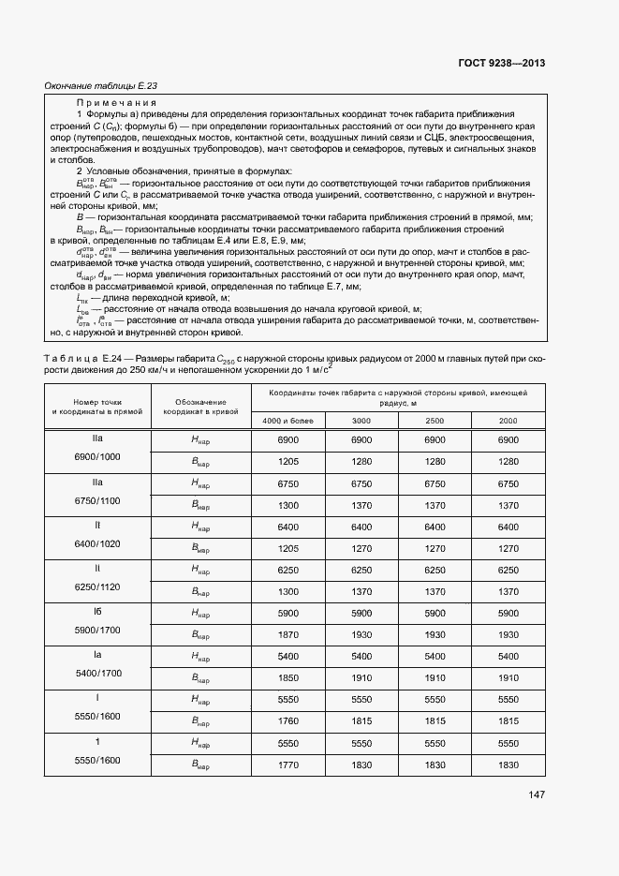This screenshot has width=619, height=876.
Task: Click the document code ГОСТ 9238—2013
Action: point(501,64)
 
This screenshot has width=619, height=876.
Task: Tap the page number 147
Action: point(536,794)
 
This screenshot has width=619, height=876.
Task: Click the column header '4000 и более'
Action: point(288,421)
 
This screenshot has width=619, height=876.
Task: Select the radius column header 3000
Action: point(361,421)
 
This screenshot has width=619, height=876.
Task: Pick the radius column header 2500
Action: point(435,421)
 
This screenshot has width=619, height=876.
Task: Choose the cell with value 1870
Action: point(288,634)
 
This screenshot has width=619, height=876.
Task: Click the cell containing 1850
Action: point(288,677)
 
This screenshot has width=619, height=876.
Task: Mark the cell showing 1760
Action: point(288,720)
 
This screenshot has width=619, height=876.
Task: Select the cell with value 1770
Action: point(288,765)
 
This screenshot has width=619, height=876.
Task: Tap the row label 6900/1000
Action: point(97,456)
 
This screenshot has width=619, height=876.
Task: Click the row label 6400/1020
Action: point(97,543)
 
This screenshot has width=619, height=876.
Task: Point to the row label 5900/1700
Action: point(97,630)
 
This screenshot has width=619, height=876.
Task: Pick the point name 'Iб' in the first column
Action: point(97,612)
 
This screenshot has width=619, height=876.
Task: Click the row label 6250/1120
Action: point(97,586)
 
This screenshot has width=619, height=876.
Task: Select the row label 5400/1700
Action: point(97,673)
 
